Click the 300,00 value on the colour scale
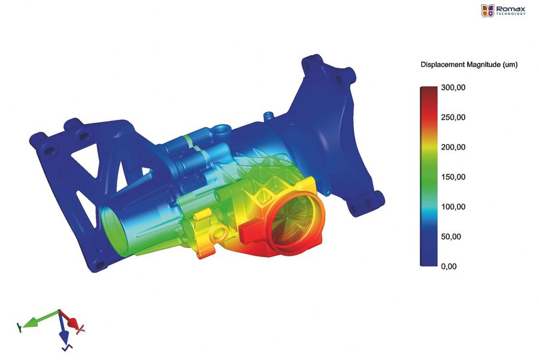point(453,87)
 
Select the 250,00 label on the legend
point(453,117)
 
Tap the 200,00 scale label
point(453,147)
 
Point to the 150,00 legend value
point(453,177)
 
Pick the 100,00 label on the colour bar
point(453,207)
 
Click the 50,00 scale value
point(451,237)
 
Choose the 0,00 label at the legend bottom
point(449,267)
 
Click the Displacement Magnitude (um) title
point(469,65)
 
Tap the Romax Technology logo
point(503,11)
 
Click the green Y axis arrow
point(38,319)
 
